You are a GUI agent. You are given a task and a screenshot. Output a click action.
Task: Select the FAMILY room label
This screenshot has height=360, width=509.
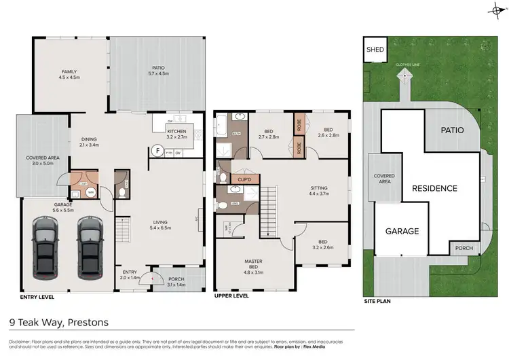pyautogui.click(x=70, y=71)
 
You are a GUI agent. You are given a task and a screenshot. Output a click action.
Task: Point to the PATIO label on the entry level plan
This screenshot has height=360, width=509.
pyautogui.click(x=158, y=67)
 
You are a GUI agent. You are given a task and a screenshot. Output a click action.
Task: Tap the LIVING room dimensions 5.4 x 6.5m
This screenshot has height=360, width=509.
pyautogui.click(x=160, y=228)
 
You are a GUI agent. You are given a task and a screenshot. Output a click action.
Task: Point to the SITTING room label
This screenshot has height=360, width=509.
pyautogui.click(x=318, y=187)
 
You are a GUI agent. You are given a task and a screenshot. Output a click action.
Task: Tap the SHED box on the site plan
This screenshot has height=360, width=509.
pyautogui.click(x=375, y=50)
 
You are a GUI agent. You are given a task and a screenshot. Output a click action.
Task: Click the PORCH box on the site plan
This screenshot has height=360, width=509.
pyautogui.click(x=464, y=249)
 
